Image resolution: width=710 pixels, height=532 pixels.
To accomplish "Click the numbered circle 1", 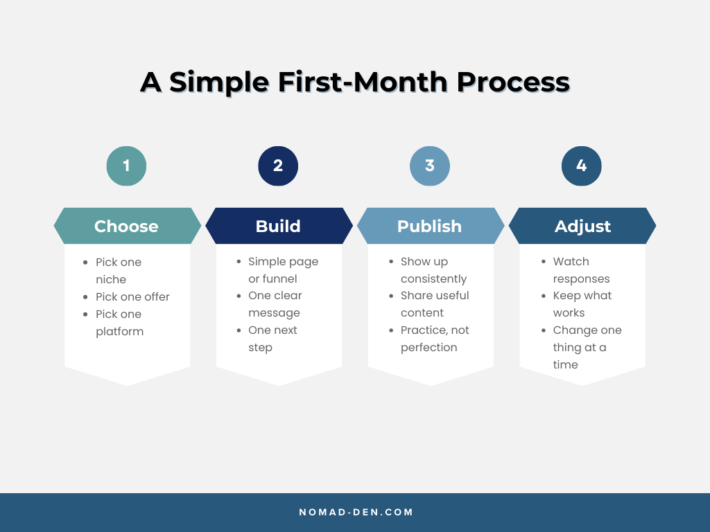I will tap(126, 166).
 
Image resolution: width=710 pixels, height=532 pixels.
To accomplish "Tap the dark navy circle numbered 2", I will tap(278, 166).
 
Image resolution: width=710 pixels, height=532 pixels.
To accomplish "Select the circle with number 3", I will tap(430, 166).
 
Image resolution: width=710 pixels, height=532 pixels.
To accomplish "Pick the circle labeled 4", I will tap(582, 166).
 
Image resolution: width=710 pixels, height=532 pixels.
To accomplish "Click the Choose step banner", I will tap(127, 226).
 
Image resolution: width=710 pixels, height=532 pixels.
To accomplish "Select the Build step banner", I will tap(278, 226).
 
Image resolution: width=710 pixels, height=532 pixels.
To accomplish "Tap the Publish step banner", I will tap(430, 226).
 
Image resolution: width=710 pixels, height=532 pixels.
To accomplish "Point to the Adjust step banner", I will tap(582, 226).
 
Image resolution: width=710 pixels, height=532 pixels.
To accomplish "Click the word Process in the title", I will tap(512, 82).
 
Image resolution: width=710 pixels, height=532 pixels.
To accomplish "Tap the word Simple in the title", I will tap(218, 82).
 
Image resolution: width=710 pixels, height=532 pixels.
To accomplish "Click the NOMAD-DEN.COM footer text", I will tap(356, 513).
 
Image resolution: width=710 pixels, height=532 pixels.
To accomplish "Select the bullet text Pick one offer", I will tap(132, 296).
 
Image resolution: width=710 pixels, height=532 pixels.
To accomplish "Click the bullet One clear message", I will tap(275, 304).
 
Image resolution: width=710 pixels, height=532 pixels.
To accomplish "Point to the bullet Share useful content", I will tap(434, 304).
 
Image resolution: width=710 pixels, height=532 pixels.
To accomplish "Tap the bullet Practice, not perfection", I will tap(434, 339).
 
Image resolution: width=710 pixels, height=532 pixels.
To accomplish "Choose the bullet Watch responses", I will tap(581, 270).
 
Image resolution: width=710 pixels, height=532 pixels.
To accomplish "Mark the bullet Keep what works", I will tap(582, 304).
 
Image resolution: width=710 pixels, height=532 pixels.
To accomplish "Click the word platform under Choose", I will tap(120, 331).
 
